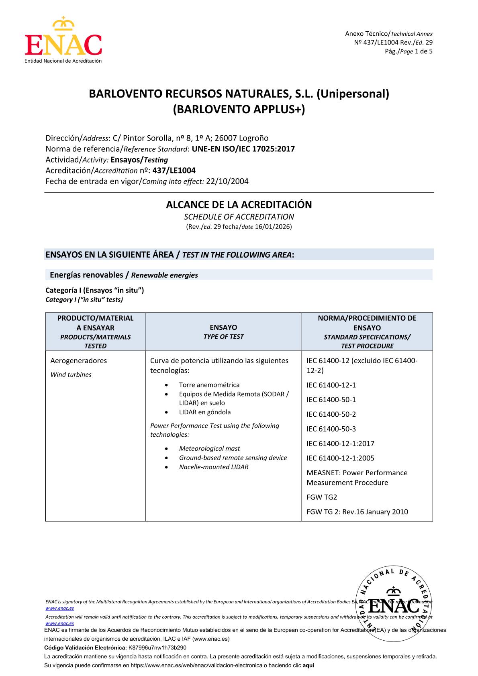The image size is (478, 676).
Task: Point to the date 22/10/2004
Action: pos(227,181)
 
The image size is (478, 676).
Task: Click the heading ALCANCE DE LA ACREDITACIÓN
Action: pos(239,205)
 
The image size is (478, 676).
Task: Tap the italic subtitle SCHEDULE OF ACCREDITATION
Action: pos(239,217)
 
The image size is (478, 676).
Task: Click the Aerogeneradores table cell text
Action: pos(79,360)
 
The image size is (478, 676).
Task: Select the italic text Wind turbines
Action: pos(71,375)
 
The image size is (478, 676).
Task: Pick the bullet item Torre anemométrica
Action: pos(209,385)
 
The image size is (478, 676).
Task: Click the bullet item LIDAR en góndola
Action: pos(205,412)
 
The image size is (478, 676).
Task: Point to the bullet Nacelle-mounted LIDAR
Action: pos(214,467)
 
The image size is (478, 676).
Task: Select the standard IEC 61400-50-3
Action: pos(331,429)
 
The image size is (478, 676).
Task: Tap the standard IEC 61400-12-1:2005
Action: pos(341,458)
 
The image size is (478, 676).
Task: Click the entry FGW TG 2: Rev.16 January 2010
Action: pos(357,512)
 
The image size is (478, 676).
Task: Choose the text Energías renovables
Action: pos(86,275)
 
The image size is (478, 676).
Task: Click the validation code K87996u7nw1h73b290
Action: pos(157,648)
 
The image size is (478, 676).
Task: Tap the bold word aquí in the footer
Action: pos(308,666)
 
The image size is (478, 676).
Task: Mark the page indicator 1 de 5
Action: pos(423,51)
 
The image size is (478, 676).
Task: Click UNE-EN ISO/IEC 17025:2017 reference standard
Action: pos(243,149)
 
